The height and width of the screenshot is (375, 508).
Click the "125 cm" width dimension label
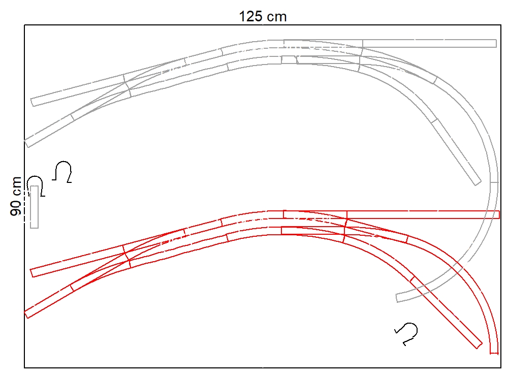[263, 17]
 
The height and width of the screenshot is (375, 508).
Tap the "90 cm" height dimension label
[16, 196]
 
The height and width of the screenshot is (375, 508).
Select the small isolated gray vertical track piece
[35, 207]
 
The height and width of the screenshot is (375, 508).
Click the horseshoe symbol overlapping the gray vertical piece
[35, 186]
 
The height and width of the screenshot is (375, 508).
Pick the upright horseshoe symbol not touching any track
[62, 171]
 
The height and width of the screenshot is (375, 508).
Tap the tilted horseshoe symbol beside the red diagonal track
[406, 333]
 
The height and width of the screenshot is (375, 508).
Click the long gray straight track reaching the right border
[429, 43]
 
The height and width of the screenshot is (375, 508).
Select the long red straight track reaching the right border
[423, 214]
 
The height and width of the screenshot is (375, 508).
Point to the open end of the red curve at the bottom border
[494, 353]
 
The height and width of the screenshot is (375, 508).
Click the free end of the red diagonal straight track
[480, 346]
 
